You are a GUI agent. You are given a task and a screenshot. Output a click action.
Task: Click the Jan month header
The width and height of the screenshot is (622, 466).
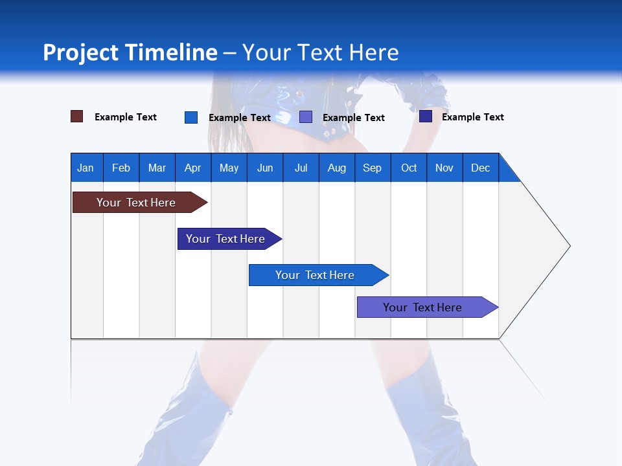coord(86,168)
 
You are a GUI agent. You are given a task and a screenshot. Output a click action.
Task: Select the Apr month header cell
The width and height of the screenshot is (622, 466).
coord(192,168)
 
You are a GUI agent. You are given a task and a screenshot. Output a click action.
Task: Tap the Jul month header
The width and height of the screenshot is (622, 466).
coord(301,168)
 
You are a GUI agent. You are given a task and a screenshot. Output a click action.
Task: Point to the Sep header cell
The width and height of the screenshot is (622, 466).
coord(372,168)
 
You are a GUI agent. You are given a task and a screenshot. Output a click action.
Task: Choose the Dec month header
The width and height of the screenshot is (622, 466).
coord(480,168)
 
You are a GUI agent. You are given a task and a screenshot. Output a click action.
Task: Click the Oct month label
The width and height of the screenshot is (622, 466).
coord(408,168)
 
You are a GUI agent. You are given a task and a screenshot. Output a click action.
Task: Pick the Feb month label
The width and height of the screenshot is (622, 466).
coord(121,168)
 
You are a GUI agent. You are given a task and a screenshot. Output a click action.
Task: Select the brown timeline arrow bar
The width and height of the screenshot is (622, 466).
coord(136,203)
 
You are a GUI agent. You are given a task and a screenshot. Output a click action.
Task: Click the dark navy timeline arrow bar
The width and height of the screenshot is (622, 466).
coord(225,239)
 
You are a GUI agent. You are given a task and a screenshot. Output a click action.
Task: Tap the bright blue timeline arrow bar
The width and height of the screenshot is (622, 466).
coord(315,275)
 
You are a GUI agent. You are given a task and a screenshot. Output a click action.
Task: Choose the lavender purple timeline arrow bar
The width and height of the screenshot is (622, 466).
coord(422,307)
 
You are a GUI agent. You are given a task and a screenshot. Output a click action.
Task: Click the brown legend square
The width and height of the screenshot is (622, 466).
coord(77,116)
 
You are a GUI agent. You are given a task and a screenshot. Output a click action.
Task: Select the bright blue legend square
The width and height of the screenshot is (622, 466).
coord(191,117)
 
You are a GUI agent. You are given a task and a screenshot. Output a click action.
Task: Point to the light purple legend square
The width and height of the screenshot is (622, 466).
coord(306,116)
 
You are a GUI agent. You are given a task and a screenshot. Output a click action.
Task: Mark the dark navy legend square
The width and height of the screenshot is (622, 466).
coord(426,116)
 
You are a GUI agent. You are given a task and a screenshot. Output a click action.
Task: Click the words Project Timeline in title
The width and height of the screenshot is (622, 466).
coord(130,52)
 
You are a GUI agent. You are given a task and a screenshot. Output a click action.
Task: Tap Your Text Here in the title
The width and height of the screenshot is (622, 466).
coord(321,52)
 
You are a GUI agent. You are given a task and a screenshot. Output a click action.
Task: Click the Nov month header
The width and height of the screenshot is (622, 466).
coord(444,168)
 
